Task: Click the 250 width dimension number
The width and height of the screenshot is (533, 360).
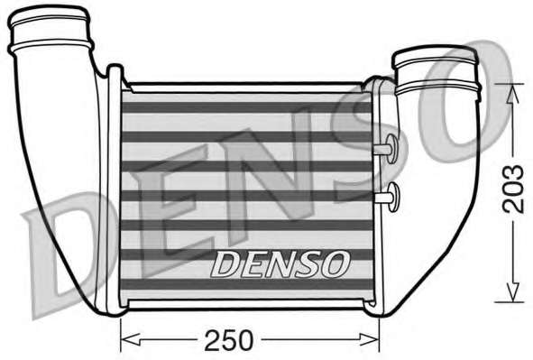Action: pos(228,339)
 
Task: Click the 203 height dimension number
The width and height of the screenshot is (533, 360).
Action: pos(514,189)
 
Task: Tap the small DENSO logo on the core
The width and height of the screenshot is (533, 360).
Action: pos(280,263)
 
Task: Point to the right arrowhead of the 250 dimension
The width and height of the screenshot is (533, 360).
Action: pos(369,339)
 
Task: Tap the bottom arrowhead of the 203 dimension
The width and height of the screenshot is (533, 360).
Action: pos(513,291)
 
